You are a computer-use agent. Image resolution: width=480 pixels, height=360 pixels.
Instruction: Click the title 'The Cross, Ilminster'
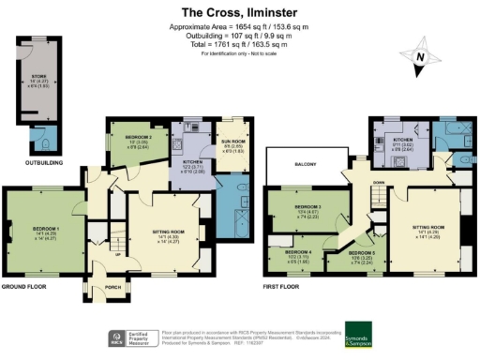(239, 13)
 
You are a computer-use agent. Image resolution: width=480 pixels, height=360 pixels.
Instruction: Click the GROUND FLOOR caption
(27, 287)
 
